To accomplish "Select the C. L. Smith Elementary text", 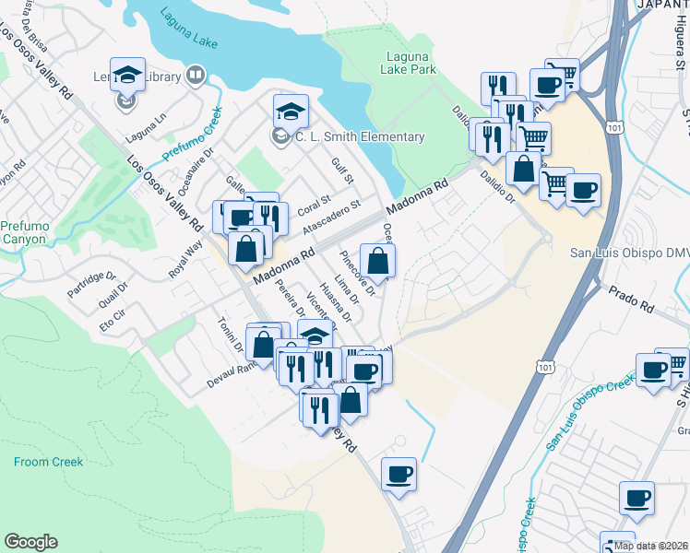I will [x=360, y=137].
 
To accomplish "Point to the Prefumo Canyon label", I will [x=23, y=231].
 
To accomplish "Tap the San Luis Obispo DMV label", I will [x=629, y=253].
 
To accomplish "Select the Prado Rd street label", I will [x=630, y=296].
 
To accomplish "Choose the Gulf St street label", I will [x=343, y=173].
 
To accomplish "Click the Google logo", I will [x=30, y=542].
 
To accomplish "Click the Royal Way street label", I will [x=184, y=261].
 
